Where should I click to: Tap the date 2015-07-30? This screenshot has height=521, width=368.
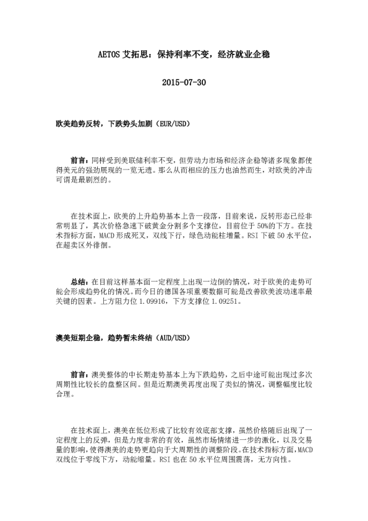pyautogui.click(x=184, y=82)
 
